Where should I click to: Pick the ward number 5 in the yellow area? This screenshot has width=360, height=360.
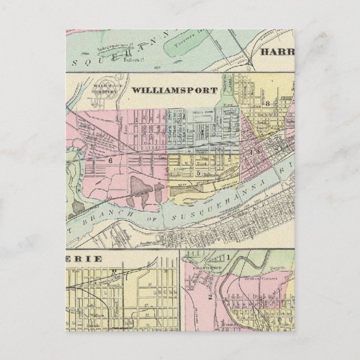point(198,173)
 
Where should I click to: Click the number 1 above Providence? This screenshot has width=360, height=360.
point(229,257)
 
